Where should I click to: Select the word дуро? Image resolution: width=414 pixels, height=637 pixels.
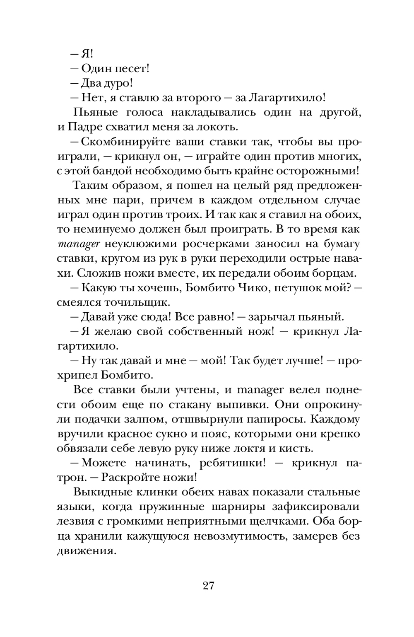pyautogui.click(x=118, y=83)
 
